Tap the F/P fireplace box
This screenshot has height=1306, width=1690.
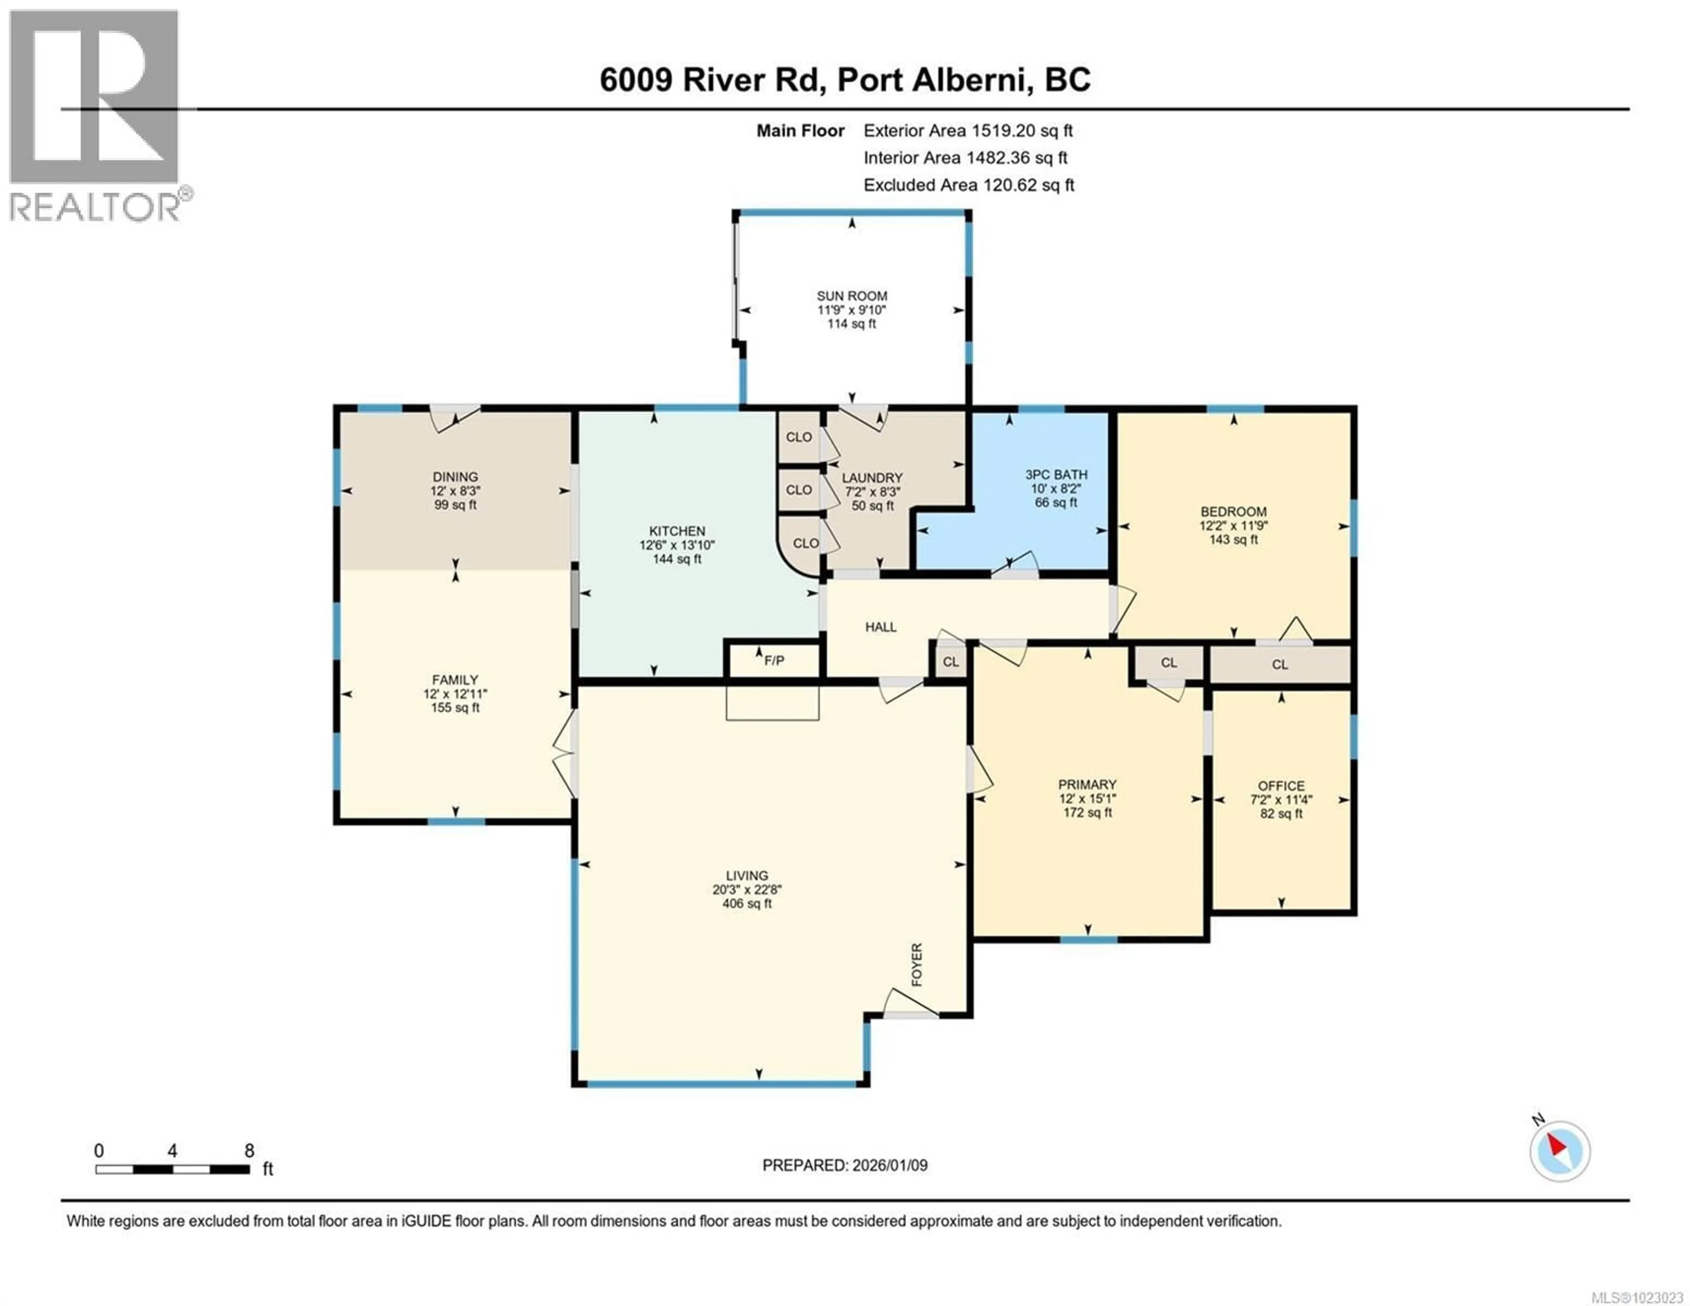tap(773, 659)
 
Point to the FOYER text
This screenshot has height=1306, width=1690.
tap(917, 964)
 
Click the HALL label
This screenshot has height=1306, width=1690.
tap(881, 627)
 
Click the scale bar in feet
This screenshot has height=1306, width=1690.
tap(173, 1169)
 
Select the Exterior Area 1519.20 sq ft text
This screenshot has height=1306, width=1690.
tap(968, 131)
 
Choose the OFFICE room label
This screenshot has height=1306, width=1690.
tap(1281, 786)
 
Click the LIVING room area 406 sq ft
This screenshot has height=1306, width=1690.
tap(747, 903)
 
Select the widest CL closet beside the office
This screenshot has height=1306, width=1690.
tap(1280, 664)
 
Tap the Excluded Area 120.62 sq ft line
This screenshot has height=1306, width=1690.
tap(968, 185)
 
